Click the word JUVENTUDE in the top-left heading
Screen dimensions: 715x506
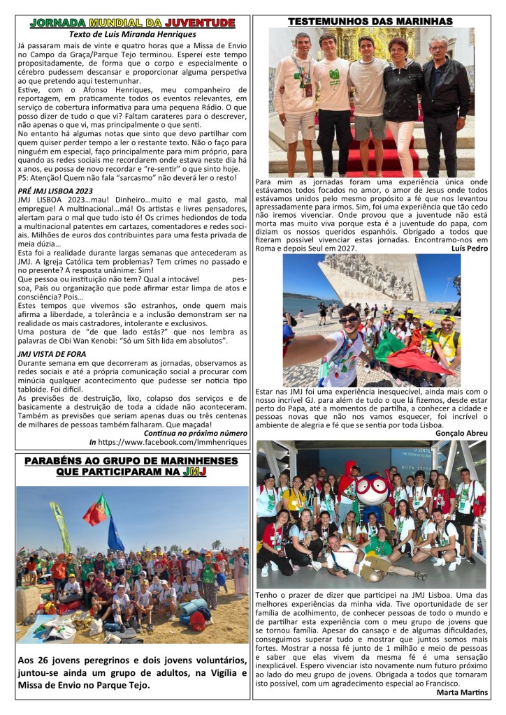point(201,23)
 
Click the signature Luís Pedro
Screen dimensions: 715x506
point(465,248)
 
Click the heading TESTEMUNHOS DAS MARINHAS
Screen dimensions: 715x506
point(370,22)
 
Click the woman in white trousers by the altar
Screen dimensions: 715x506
point(404,105)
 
